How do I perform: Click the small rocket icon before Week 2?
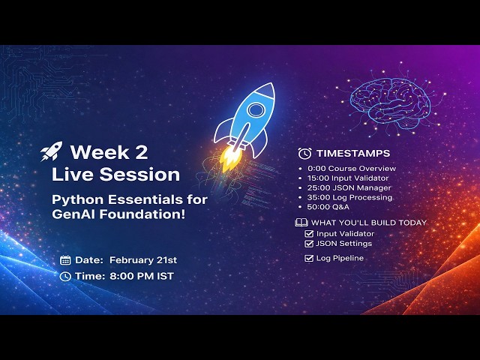click(51, 153)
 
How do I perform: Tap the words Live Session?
click(115, 175)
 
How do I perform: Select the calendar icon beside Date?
click(65, 260)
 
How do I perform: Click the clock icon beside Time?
click(65, 276)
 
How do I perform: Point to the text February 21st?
click(143, 260)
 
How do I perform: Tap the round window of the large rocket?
click(256, 110)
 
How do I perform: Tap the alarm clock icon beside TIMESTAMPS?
click(304, 153)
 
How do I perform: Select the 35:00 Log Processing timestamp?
click(354, 197)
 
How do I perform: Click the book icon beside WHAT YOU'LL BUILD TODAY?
click(301, 222)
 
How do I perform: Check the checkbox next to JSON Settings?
click(309, 244)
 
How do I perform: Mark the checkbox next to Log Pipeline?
click(309, 258)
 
